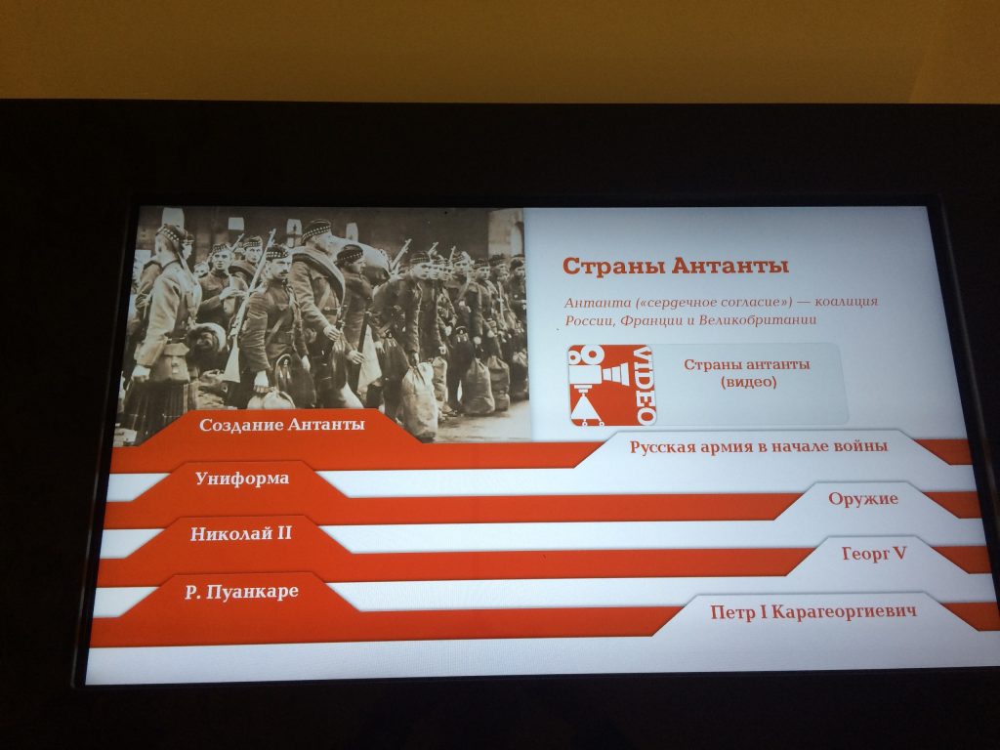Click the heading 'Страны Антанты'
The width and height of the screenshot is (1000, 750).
(x=676, y=266)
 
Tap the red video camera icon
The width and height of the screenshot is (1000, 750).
(x=611, y=385)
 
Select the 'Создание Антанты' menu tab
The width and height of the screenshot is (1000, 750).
(x=282, y=425)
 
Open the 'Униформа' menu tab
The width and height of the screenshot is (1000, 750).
(x=242, y=479)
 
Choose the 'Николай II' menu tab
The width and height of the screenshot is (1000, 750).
(x=241, y=533)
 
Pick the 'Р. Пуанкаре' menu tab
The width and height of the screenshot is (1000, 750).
(x=242, y=592)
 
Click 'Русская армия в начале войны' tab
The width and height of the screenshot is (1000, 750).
(x=758, y=446)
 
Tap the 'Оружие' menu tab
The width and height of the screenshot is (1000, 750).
(x=863, y=499)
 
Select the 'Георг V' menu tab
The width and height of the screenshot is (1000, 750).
(x=874, y=554)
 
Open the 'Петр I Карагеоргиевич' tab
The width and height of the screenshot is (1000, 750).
(x=813, y=612)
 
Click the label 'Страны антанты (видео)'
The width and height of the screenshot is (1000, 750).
(x=747, y=373)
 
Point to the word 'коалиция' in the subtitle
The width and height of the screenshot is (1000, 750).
(x=847, y=302)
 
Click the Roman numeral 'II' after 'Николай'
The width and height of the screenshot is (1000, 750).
(x=283, y=532)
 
